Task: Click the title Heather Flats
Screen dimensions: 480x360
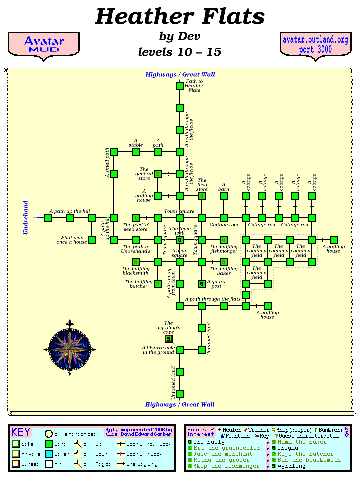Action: (180, 17)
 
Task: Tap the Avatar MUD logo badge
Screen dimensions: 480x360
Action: (44, 44)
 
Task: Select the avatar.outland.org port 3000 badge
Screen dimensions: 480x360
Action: (315, 44)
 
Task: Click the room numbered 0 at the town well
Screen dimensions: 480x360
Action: (180, 240)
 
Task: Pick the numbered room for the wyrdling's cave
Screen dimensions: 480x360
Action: (169, 339)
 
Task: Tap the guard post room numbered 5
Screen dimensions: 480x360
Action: (202, 284)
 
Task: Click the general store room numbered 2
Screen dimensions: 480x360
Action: (158, 174)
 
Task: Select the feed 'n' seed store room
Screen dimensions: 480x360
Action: (136, 218)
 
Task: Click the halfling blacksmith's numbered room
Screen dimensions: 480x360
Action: (136, 262)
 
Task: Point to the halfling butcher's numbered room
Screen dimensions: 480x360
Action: (158, 284)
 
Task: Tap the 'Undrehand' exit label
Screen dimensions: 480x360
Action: (26, 218)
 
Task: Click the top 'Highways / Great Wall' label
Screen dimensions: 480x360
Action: (180, 75)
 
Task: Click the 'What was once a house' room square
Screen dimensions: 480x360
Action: (92, 240)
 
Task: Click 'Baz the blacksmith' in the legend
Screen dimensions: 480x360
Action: (309, 460)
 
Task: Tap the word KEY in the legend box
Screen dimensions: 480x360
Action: (21, 432)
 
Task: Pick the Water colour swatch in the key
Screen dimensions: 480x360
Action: (48, 454)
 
